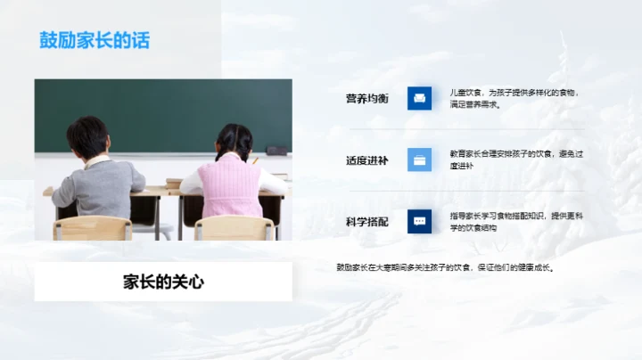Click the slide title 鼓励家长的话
[95, 41]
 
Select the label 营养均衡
[367, 98]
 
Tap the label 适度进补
[367, 160]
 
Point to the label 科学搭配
[367, 221]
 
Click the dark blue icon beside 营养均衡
[419, 98]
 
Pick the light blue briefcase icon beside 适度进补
[419, 160]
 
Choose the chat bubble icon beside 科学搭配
[419, 221]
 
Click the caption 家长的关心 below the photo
[163, 282]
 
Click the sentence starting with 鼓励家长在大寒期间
[445, 266]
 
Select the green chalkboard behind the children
[160, 107]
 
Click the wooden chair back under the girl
[235, 228]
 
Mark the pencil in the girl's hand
[255, 160]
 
